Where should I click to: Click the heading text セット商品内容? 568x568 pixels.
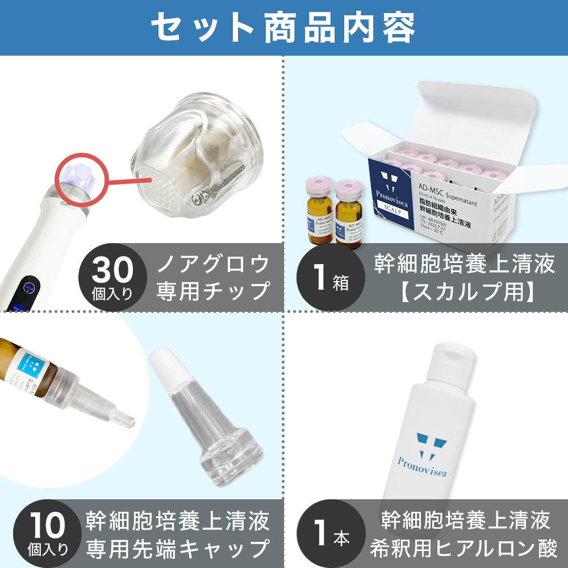283,27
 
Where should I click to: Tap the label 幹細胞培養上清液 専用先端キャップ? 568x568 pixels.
178,534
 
